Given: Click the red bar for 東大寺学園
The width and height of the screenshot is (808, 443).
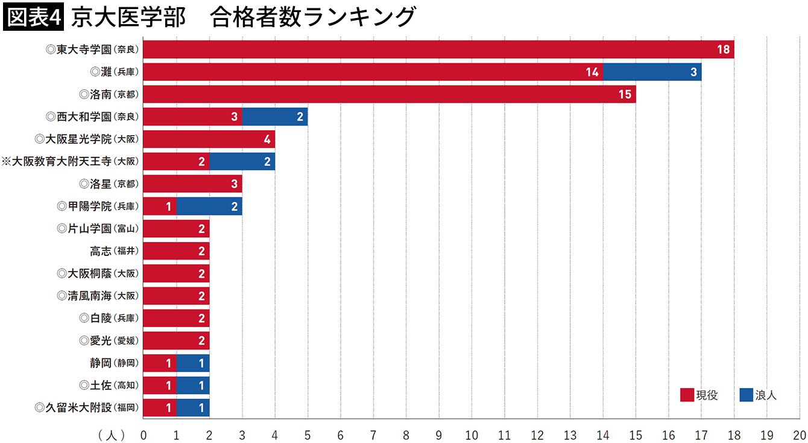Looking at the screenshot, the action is point(438,49).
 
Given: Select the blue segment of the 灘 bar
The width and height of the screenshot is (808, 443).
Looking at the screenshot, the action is point(652,72).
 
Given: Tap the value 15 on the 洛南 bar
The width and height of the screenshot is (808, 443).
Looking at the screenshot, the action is point(625,94).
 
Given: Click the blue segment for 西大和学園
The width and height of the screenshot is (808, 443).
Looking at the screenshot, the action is point(275,116).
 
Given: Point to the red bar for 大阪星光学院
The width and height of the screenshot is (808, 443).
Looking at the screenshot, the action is point(209,139).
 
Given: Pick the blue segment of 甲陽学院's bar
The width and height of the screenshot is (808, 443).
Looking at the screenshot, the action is point(209,206).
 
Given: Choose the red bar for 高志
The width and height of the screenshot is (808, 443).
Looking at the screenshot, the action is point(176,251).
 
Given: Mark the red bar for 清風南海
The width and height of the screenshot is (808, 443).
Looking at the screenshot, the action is point(176,296).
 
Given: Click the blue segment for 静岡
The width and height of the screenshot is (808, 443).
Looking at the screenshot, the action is point(193,363).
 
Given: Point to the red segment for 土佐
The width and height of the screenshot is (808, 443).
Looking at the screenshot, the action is point(160,385).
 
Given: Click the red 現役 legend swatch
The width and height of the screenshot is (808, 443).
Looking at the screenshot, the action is point(687,395).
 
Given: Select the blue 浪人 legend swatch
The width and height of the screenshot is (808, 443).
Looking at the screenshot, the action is point(746,395).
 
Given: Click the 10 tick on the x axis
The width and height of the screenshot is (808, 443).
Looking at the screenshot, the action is point(472,435).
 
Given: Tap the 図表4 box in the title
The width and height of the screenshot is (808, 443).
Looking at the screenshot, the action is point(33,17).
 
